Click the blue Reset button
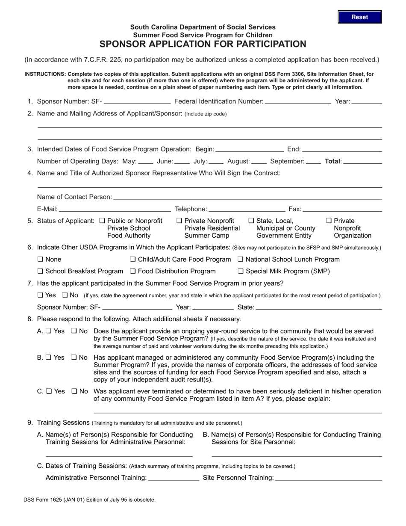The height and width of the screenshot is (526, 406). (x=359, y=17)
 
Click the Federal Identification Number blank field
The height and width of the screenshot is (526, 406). (x=298, y=101)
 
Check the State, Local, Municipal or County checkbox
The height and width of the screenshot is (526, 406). (x=251, y=221)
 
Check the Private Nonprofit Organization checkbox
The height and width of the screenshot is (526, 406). (x=329, y=221)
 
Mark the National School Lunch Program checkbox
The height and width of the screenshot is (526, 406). (x=240, y=259)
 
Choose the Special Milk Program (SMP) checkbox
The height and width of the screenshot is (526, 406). (x=240, y=271)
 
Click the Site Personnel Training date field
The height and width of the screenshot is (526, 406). (x=329, y=477)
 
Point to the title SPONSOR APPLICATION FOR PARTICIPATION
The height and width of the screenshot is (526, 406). (x=203, y=44)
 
